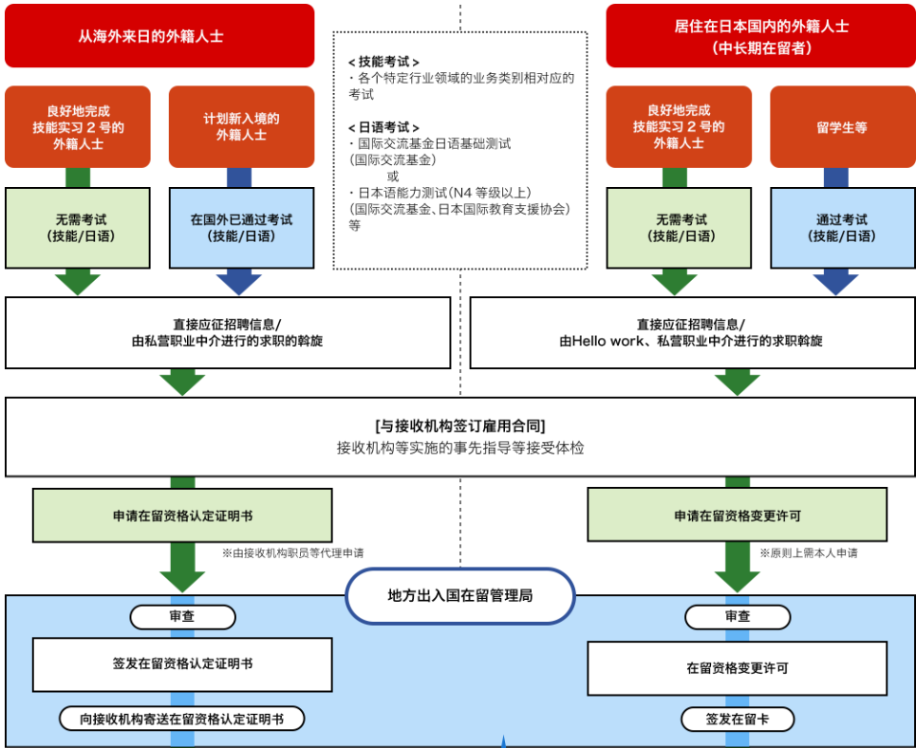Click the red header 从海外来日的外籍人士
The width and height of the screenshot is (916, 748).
pyautogui.click(x=159, y=36)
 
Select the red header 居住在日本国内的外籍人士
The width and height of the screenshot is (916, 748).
pyautogui.click(x=759, y=36)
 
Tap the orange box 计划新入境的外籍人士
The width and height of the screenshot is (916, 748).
pyautogui.click(x=241, y=127)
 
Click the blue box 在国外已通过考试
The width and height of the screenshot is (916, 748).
pyautogui.click(x=241, y=228)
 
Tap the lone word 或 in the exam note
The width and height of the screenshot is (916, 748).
pyautogui.click(x=393, y=177)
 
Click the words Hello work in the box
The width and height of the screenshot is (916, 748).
pyautogui.click(x=606, y=341)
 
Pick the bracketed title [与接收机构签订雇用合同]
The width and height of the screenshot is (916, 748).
pyautogui.click(x=460, y=425)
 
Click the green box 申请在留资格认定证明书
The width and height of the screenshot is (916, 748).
pyautogui.click(x=182, y=515)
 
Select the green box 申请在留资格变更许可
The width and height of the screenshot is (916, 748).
pyautogui.click(x=737, y=515)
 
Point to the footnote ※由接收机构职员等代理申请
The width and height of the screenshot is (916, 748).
pyautogui.click(x=293, y=552)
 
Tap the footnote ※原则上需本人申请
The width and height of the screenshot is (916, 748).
pyautogui.click(x=808, y=552)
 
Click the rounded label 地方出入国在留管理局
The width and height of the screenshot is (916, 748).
pyautogui.click(x=460, y=596)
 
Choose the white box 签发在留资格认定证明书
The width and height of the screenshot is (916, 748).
pyautogui.click(x=182, y=664)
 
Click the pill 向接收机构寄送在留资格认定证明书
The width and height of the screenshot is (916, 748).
pyautogui.click(x=182, y=719)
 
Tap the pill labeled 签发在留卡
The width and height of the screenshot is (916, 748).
pyautogui.click(x=737, y=719)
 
